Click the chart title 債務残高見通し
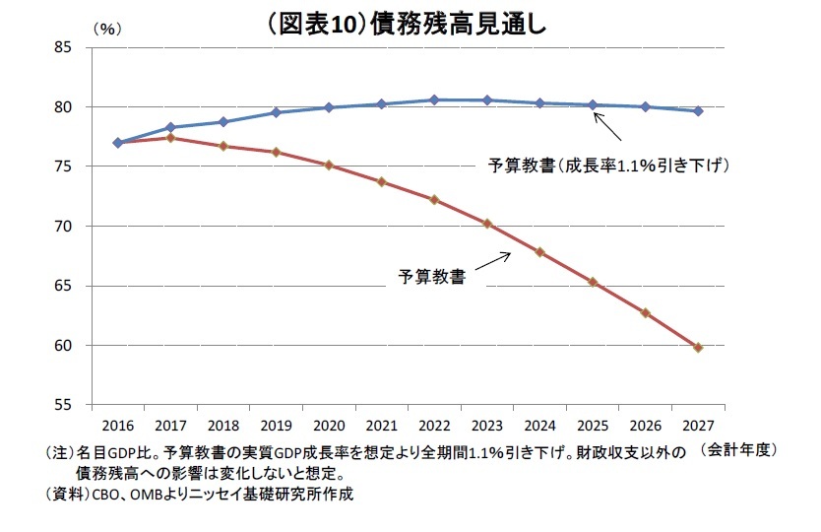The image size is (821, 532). tap(409, 22)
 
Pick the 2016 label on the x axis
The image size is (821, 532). tap(117, 425)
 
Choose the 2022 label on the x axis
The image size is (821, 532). tap(434, 425)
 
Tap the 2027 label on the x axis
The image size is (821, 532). tap(698, 425)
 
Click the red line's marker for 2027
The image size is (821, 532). tap(698, 347)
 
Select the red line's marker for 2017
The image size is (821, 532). tap(170, 138)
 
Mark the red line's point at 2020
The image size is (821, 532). tap(329, 166)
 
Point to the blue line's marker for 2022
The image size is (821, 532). tap(434, 100)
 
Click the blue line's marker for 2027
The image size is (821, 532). tap(698, 111)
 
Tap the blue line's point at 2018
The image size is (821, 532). tap(222, 122)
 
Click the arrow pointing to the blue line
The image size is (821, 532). tap(606, 127)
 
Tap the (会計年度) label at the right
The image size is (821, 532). tap(740, 449)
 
